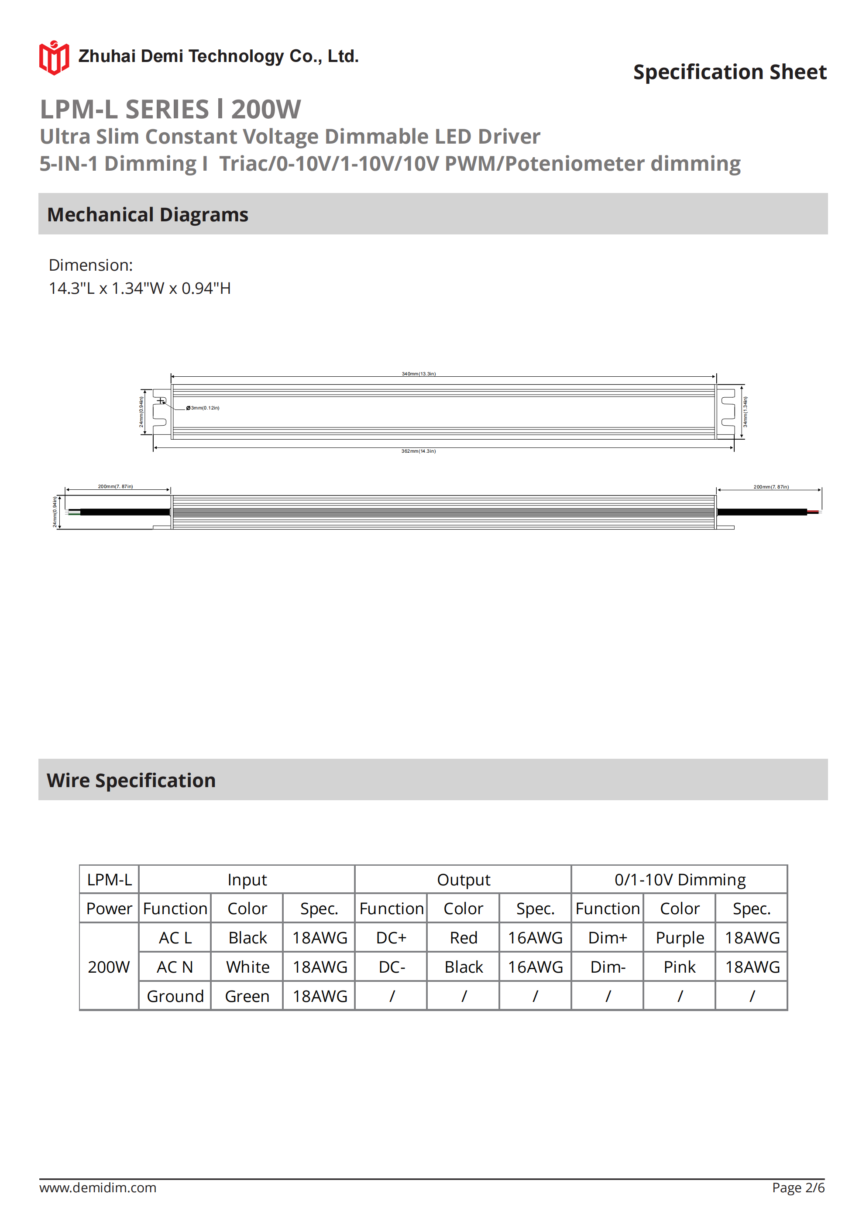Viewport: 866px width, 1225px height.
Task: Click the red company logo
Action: pos(54,57)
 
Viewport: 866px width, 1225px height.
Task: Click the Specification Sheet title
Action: pos(729,72)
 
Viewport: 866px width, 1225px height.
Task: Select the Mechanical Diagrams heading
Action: pos(148,214)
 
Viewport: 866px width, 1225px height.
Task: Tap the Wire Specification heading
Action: pos(131,780)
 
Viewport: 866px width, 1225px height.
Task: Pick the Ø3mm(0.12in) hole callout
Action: pos(203,408)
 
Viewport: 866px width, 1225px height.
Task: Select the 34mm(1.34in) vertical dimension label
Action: pos(746,412)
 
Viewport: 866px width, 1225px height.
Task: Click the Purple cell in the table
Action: pos(679,938)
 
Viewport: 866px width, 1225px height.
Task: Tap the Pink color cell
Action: pos(679,967)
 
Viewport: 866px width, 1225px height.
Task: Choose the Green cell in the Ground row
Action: pos(247,996)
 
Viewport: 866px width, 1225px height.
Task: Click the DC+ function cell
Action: pos(391,938)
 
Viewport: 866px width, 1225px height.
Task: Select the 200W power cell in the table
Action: pos(109,967)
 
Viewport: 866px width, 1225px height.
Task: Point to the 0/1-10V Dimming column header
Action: pos(679,880)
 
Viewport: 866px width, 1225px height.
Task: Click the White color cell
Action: pos(247,967)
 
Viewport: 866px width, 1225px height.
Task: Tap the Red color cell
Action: pos(463,938)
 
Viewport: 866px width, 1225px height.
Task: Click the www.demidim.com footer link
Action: pos(98,1187)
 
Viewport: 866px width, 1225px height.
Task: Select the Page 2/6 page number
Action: pos(798,1187)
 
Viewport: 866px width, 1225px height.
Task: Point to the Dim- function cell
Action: pos(607,967)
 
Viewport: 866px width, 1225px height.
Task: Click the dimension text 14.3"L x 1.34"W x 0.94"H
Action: pos(140,289)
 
